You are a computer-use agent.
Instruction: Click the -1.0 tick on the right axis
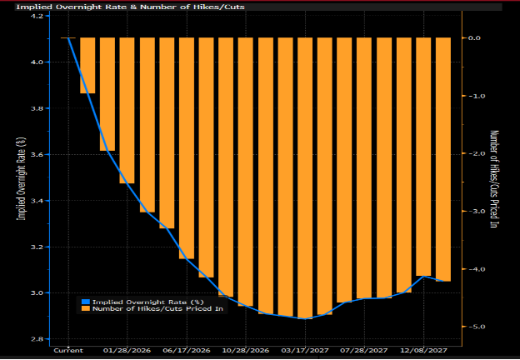[477, 96]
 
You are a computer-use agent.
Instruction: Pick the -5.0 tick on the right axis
[477, 327]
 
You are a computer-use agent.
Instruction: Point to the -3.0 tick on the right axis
[477, 212]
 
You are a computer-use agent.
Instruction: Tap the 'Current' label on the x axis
[68, 351]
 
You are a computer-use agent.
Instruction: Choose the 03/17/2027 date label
[303, 351]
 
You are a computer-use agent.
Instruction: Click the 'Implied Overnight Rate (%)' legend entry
[147, 302]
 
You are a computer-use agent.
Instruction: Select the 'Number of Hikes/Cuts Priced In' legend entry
[157, 309]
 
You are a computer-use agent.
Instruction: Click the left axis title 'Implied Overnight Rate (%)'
[22, 179]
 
